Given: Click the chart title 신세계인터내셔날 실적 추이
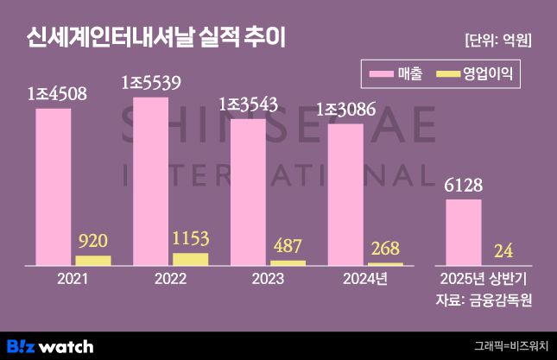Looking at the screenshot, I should (x=156, y=37).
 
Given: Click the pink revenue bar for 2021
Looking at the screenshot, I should (x=53, y=186).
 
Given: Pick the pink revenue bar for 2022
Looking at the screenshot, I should (x=150, y=180).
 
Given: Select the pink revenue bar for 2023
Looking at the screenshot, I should (x=248, y=191).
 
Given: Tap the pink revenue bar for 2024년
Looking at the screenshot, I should (x=345, y=193).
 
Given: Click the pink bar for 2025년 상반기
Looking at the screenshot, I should (x=464, y=231).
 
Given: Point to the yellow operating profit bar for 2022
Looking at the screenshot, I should (x=190, y=258).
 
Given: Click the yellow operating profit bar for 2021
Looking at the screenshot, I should (x=93, y=260).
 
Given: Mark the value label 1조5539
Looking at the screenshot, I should (x=151, y=83).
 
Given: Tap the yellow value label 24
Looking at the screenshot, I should (x=503, y=251).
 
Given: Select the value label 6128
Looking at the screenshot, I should (x=463, y=186).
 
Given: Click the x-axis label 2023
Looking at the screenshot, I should (x=268, y=279).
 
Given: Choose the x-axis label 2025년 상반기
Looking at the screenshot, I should (x=484, y=279).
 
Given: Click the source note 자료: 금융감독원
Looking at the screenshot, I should (x=484, y=300).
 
